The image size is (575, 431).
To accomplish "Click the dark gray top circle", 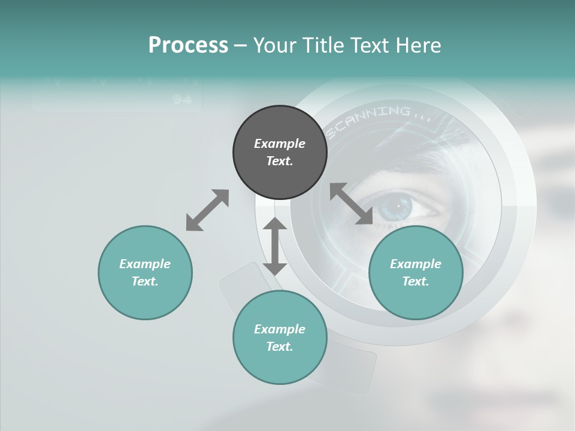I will pyautogui.click(x=280, y=153).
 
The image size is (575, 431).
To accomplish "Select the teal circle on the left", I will pyautogui.click(x=145, y=272).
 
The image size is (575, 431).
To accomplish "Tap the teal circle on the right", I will pyautogui.click(x=416, y=272).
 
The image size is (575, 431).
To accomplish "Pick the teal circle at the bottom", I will pyautogui.click(x=280, y=338).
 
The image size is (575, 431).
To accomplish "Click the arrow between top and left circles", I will pyautogui.click(x=207, y=210).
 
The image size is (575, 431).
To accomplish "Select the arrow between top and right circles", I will pyautogui.click(x=352, y=204).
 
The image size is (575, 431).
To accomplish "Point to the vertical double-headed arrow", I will pyautogui.click(x=275, y=246).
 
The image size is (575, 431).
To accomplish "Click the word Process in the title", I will pyautogui.click(x=188, y=45).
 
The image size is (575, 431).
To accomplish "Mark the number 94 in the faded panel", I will pyautogui.click(x=181, y=100).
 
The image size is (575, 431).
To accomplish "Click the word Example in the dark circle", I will pyautogui.click(x=280, y=144).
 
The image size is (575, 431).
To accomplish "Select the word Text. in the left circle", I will pyautogui.click(x=145, y=281).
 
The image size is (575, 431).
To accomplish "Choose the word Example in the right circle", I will pyautogui.click(x=416, y=264).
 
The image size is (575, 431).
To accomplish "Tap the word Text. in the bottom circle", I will pyautogui.click(x=280, y=347).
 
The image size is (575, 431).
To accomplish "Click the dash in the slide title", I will pyautogui.click(x=241, y=45).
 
